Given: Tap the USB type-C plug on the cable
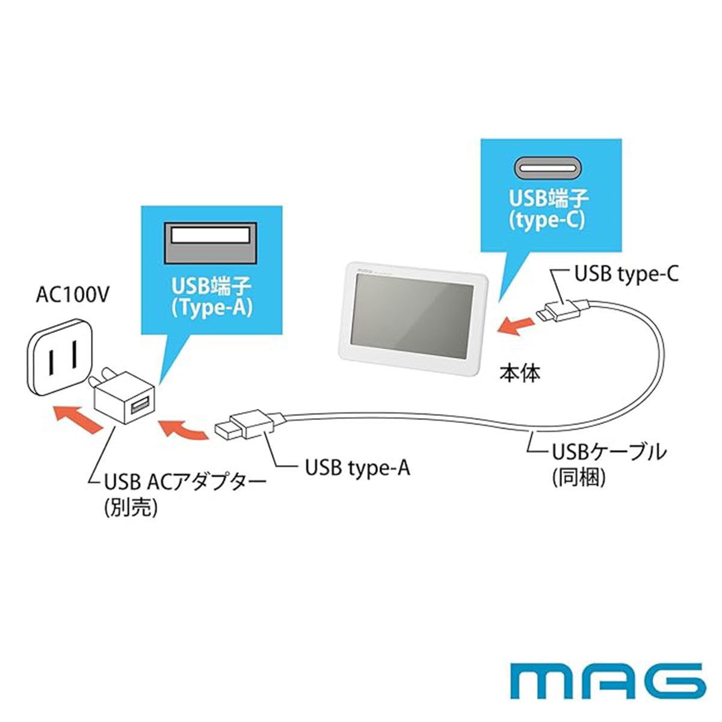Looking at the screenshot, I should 563,309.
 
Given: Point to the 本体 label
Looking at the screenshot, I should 520,373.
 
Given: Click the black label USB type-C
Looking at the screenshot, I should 626,274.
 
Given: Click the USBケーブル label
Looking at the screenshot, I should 609,451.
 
